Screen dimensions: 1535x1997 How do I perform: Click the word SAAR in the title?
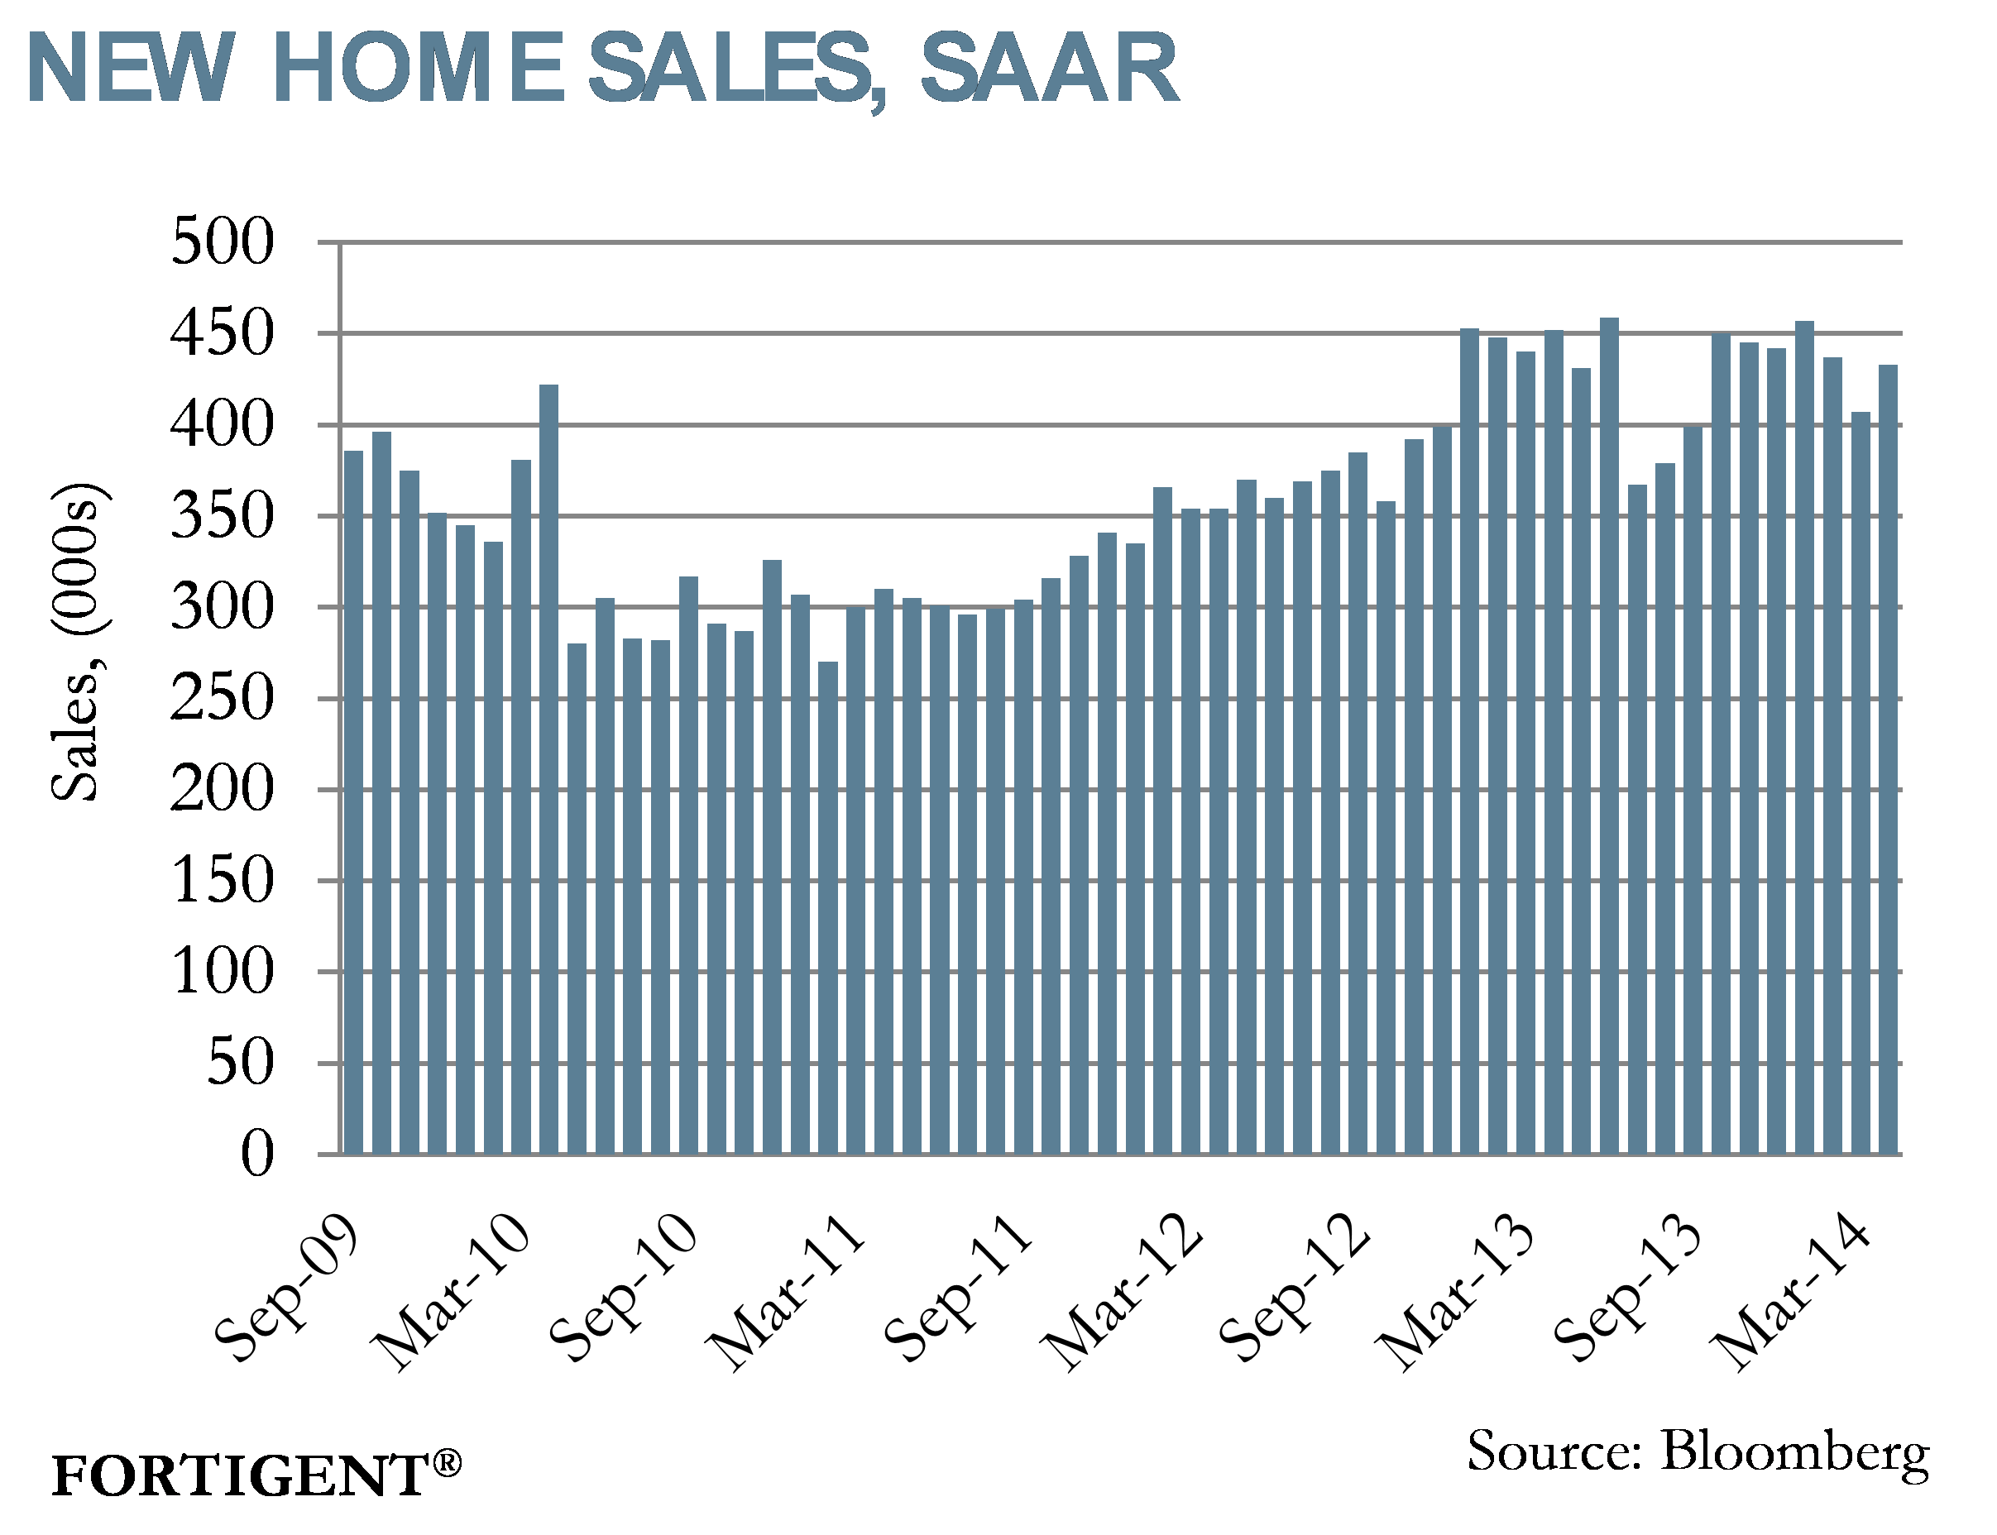coord(1048,69)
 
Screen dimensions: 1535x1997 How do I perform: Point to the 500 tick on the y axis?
coord(222,242)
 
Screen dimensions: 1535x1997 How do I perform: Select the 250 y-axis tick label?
coord(222,698)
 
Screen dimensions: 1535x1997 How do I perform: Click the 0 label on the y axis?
coord(256,1154)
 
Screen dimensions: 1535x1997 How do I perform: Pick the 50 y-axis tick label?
coord(239,1063)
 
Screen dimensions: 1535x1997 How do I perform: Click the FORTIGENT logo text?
coord(239,1475)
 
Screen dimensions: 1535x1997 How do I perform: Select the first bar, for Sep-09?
coord(352,804)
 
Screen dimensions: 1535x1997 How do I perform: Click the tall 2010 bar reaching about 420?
coord(548,767)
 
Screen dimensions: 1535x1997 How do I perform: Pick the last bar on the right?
coord(1887,758)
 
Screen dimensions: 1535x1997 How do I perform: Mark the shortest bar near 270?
coord(827,905)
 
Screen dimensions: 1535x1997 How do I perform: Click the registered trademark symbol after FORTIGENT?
coord(446,1463)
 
